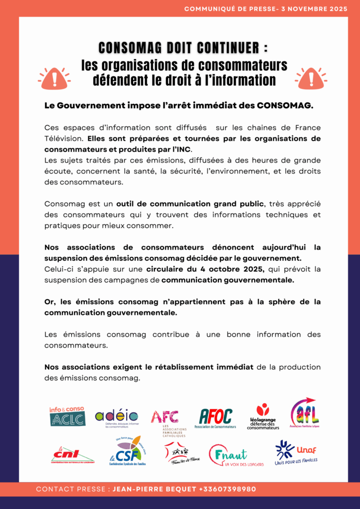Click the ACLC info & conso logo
coord(67,416)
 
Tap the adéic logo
coord(117,418)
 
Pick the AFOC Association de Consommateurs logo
coord(216,418)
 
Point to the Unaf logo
coord(296,452)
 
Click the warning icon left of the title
coord(54,78)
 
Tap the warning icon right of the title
coord(310,78)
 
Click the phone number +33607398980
coord(227,489)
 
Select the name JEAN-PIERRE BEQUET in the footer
coord(154,489)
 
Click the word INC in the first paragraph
coord(183,149)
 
